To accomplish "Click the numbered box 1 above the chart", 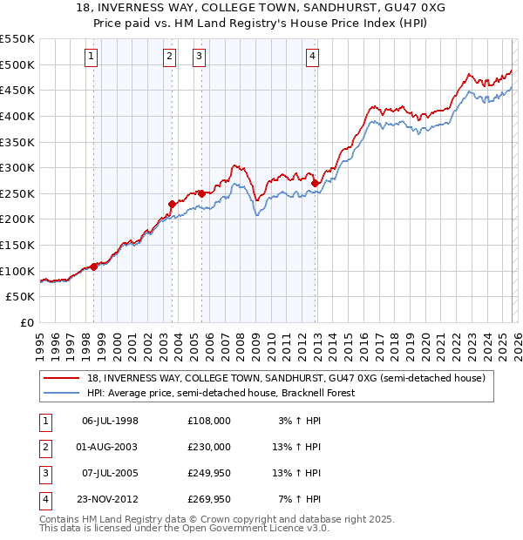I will tap(92, 57).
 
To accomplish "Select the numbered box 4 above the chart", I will tap(312, 57).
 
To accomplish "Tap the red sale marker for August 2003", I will tap(172, 204).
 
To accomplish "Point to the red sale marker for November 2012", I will tap(315, 183).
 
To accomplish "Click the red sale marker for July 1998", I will tap(94, 267).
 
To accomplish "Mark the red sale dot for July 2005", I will tap(201, 193).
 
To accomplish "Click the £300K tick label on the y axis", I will tap(17, 167).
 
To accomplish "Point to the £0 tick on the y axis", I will tap(26, 322).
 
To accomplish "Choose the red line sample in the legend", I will tap(62, 378).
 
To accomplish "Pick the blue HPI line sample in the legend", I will tap(62, 393).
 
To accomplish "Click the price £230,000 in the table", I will tap(209, 447).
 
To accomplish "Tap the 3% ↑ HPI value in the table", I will tap(300, 421).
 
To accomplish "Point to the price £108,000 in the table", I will tap(209, 421).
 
